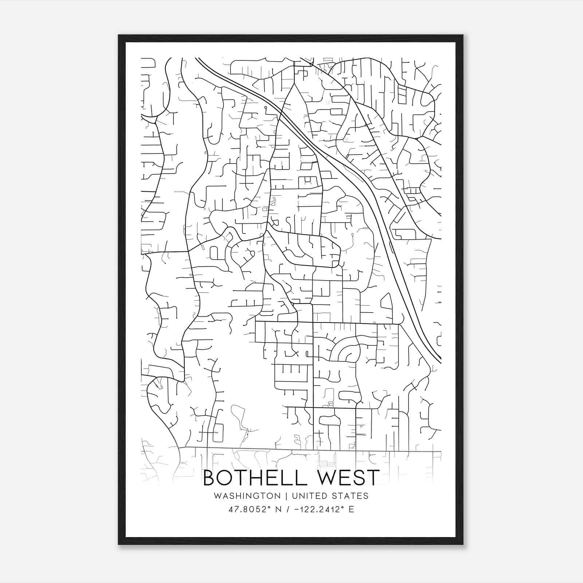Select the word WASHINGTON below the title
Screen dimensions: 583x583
pyautogui.click(x=247, y=496)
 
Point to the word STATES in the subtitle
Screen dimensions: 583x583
pyautogui.click(x=351, y=496)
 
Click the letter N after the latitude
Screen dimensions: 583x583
pyautogui.click(x=279, y=509)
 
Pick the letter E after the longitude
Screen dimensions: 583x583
pyautogui.click(x=351, y=509)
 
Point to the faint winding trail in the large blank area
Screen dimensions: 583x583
pyautogui.click(x=239, y=419)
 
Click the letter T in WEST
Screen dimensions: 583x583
pyautogui.click(x=372, y=478)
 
